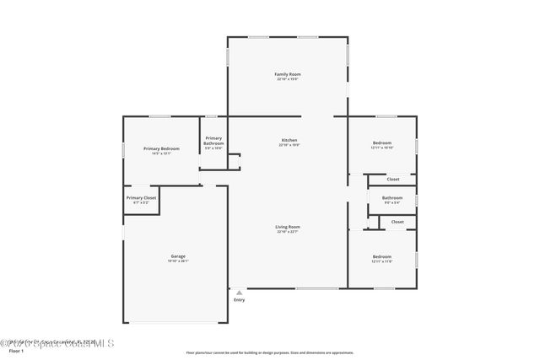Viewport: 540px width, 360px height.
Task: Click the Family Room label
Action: point(288,74)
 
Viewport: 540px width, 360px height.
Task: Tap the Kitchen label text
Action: point(289,140)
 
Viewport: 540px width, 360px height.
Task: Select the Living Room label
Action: point(288,227)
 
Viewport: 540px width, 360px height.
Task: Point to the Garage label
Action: point(178,256)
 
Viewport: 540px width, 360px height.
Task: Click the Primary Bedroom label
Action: point(161,148)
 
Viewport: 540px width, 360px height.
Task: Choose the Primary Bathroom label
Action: point(213,141)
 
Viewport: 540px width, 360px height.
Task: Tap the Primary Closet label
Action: point(141,198)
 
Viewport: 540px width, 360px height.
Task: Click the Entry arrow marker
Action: point(239,292)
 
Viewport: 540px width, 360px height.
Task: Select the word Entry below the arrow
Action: point(239,300)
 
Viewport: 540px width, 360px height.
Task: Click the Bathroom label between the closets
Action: point(392,198)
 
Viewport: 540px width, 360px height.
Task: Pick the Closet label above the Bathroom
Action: point(393,179)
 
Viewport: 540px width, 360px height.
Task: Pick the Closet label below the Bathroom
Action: point(397,222)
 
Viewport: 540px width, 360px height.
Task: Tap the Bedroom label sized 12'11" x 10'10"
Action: point(382,143)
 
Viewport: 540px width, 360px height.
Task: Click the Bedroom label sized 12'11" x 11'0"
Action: point(382,256)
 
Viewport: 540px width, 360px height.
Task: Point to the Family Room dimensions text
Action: point(288,79)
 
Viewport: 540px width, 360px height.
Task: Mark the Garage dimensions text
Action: point(178,261)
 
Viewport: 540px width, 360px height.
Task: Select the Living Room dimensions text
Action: point(288,232)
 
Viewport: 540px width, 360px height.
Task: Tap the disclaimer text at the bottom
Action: point(269,353)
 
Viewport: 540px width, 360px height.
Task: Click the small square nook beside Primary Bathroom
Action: point(234,161)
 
